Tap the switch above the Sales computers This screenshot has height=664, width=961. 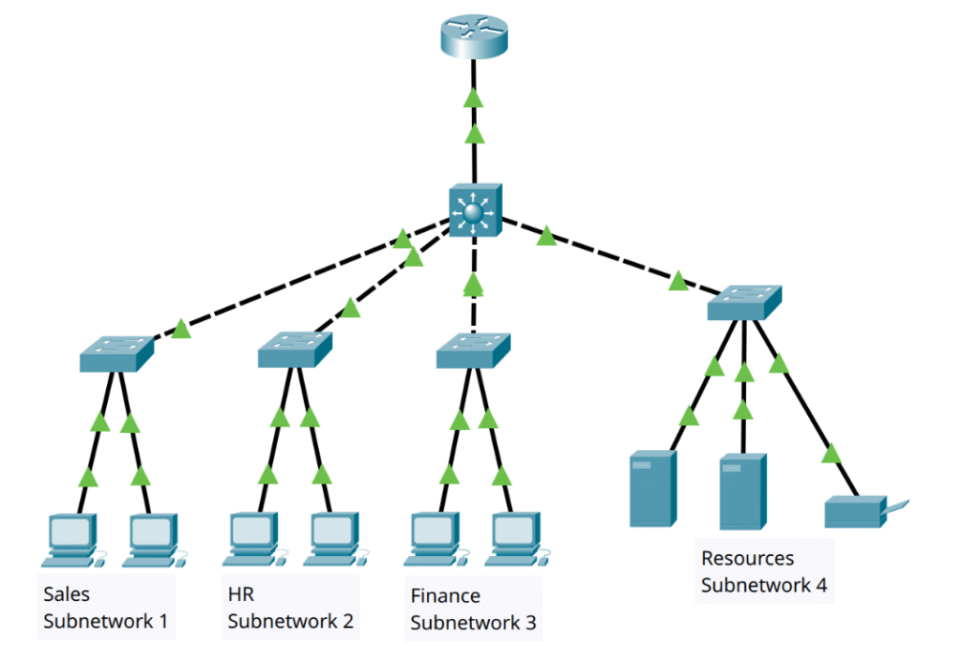click(x=116, y=351)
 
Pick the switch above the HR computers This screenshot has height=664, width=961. click(x=296, y=350)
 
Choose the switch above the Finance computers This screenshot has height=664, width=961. click(x=473, y=350)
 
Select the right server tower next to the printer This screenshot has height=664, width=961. click(x=742, y=491)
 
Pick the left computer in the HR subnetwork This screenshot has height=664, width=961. click(x=253, y=537)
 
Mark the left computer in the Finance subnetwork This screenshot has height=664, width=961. click(x=435, y=538)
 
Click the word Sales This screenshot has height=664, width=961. click(x=67, y=595)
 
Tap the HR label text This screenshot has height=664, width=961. click(x=241, y=595)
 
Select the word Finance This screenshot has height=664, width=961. click(x=446, y=596)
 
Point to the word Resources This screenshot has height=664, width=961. click(x=747, y=559)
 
